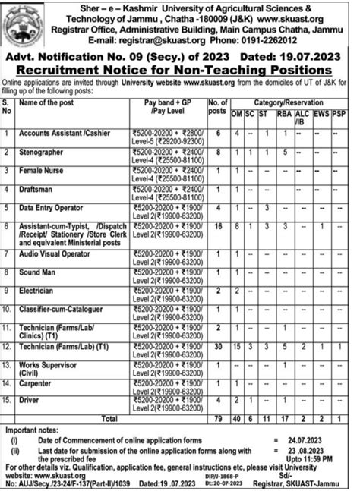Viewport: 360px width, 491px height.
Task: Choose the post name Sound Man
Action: point(39,273)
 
